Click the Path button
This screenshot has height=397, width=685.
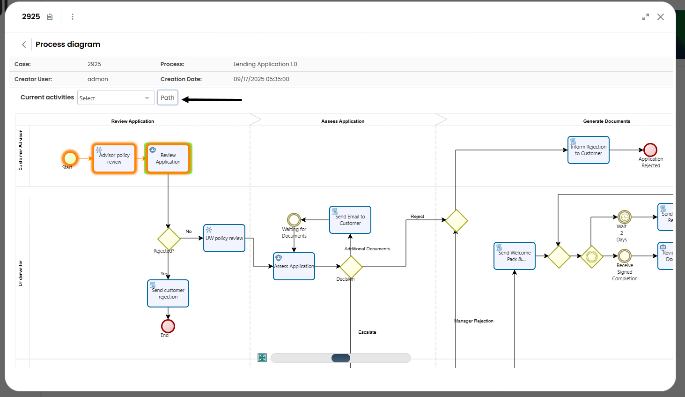[167, 97]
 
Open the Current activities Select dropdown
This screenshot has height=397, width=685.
[115, 98]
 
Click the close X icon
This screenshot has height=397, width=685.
[660, 17]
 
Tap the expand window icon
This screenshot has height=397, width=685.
[646, 17]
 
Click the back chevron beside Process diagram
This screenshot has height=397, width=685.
[24, 45]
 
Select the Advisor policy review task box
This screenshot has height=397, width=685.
[114, 158]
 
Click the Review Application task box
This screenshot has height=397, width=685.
[168, 158]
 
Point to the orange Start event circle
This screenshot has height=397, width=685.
[70, 158]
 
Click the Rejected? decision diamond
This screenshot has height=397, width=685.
[169, 239]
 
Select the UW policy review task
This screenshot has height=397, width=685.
[224, 238]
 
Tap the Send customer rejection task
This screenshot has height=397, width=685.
[168, 293]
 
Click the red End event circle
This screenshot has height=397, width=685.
[168, 326]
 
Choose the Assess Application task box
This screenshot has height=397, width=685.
[294, 266]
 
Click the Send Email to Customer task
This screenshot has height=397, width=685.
[350, 220]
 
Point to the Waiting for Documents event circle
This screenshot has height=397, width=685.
[294, 219]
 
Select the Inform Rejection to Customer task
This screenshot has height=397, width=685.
[589, 150]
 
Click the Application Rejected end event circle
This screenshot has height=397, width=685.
[650, 150]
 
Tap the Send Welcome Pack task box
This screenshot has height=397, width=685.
[515, 256]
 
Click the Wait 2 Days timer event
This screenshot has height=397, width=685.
[625, 217]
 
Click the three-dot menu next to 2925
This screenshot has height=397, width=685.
[73, 17]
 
